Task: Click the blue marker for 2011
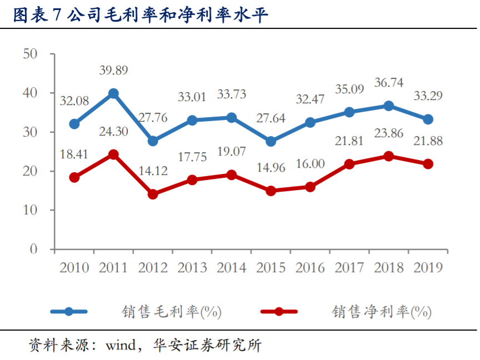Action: click(x=113, y=93)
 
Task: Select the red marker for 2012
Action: click(x=153, y=194)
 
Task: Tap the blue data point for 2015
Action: click(x=271, y=142)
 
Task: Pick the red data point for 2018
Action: click(x=389, y=156)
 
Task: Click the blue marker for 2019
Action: click(x=428, y=119)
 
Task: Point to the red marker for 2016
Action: click(x=310, y=187)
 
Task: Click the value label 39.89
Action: click(x=113, y=71)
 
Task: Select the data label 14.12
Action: click(x=153, y=171)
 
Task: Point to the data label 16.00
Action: click(x=310, y=164)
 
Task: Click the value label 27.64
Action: click(x=271, y=118)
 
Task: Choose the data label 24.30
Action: click(x=113, y=132)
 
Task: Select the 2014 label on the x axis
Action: click(x=231, y=268)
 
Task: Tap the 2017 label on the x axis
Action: click(x=349, y=268)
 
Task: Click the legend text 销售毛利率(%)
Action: click(x=172, y=312)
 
